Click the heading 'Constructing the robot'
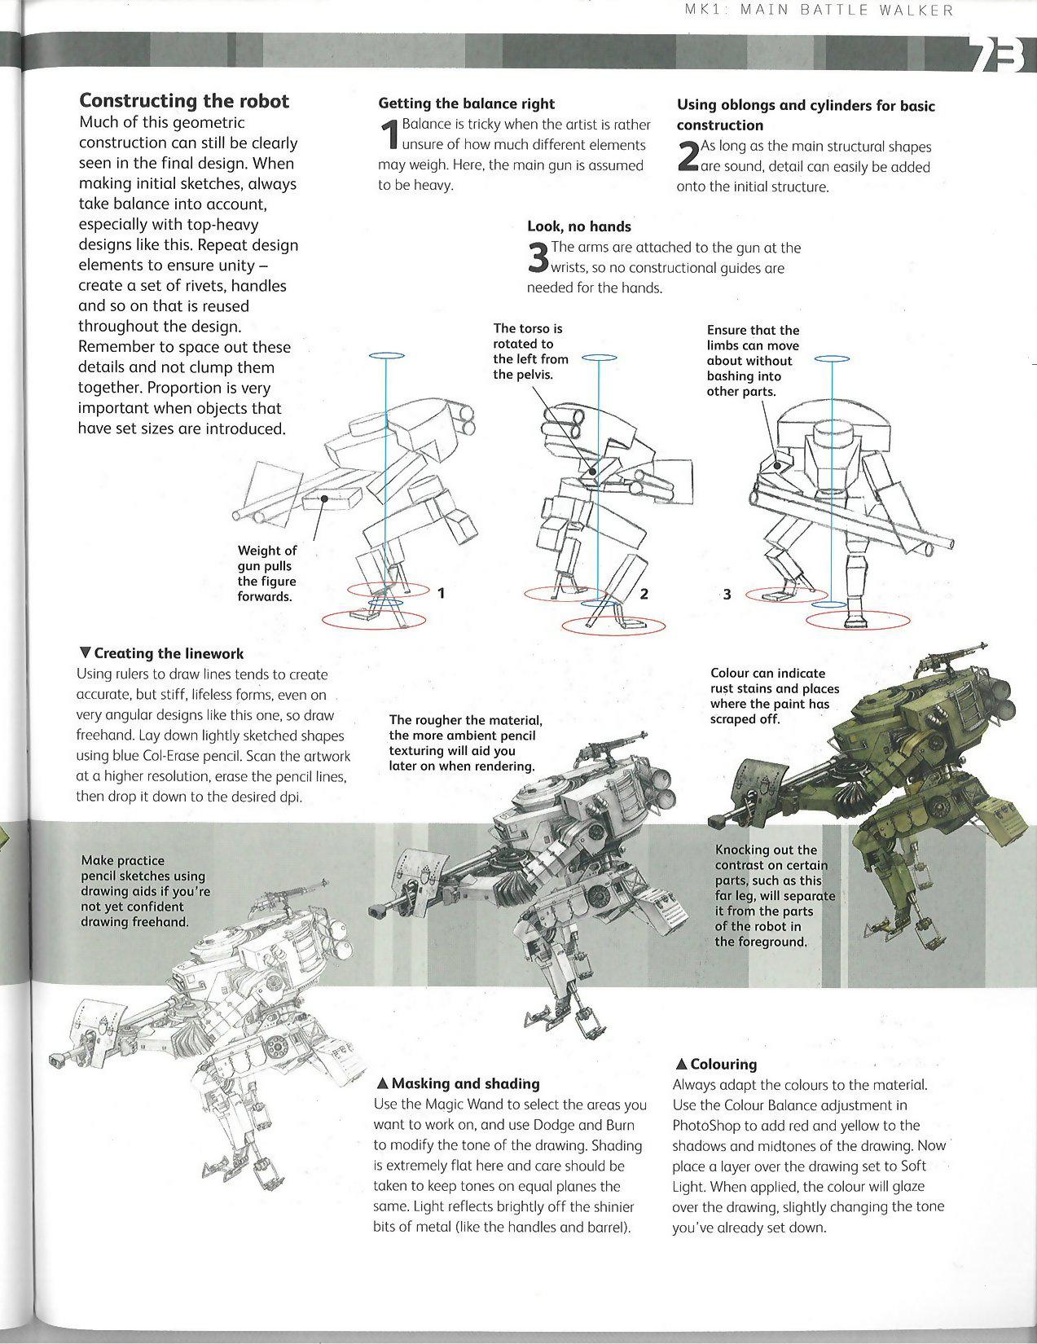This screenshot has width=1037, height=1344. (x=183, y=101)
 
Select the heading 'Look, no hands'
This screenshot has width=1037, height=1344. (x=578, y=226)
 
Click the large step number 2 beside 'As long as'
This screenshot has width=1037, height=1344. (x=688, y=156)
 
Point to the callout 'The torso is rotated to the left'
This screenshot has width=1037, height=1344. (x=530, y=351)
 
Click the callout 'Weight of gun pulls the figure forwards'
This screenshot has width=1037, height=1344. (x=266, y=573)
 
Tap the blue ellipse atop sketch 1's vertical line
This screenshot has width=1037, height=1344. (x=386, y=356)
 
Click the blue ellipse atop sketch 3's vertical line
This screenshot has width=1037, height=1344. (x=832, y=358)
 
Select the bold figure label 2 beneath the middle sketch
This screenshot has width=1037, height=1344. (x=644, y=593)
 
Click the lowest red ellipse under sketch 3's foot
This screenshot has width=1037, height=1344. (x=858, y=621)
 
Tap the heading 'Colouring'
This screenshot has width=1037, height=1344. (x=716, y=1064)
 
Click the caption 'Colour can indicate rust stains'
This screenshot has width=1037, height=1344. (x=774, y=696)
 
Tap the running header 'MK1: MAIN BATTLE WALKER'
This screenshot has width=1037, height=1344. (x=818, y=11)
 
